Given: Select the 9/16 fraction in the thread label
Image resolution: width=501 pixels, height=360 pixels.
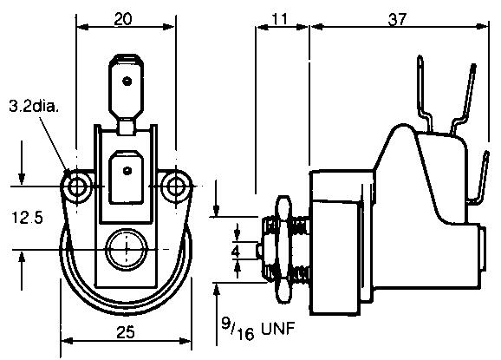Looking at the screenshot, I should tap(231, 330).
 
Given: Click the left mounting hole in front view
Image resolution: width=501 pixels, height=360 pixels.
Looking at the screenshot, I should tap(79, 185).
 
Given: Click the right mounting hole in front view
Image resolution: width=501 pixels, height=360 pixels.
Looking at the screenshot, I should tap(178, 185).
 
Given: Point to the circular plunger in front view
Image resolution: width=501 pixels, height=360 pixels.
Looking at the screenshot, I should tap(127, 251).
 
